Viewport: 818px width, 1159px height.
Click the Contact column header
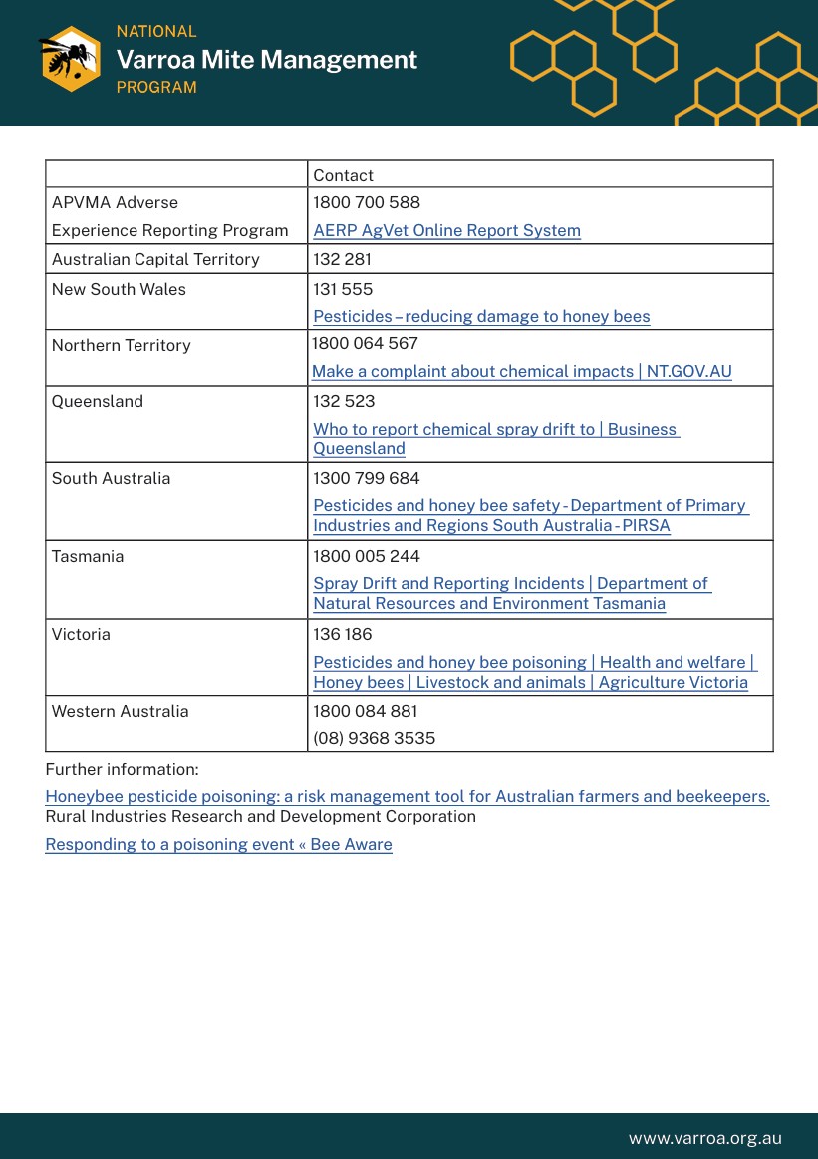click(343, 175)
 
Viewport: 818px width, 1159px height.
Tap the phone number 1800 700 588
click(367, 202)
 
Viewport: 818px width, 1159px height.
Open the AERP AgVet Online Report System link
click(446, 230)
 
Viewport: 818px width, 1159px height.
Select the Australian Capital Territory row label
click(155, 259)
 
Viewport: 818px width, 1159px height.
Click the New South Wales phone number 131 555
click(343, 289)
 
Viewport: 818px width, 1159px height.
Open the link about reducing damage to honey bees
click(481, 316)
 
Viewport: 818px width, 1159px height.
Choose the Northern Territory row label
click(121, 345)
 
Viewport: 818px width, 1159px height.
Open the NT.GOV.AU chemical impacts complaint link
click(522, 371)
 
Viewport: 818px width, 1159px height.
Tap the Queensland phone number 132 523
click(344, 401)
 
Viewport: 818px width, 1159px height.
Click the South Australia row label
click(111, 478)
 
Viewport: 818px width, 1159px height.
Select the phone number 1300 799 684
click(367, 478)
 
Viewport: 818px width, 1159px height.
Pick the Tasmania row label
click(88, 556)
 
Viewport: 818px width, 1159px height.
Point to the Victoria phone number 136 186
click(344, 634)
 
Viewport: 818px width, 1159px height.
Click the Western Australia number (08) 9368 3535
click(374, 738)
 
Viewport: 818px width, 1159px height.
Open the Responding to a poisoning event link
click(218, 844)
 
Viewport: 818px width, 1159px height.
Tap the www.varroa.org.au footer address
click(704, 1138)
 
